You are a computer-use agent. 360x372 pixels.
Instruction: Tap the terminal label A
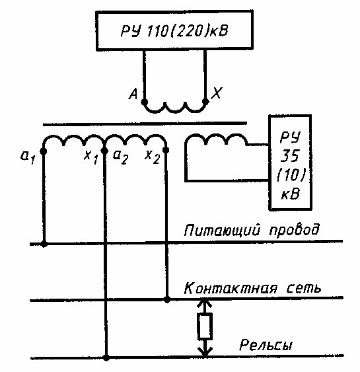coord(133,93)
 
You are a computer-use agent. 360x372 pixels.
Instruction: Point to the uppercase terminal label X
coord(217,93)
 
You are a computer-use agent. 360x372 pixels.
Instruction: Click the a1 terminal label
coord(28,158)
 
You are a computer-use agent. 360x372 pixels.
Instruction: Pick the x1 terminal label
coord(91,158)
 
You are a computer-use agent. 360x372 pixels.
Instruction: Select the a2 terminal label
coord(120,157)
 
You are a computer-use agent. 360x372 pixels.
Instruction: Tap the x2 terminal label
coord(152,157)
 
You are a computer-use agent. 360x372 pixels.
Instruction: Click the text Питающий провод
coord(252,230)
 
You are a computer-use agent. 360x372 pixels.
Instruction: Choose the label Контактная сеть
coord(252,288)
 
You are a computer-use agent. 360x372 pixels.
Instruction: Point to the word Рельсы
coord(266,345)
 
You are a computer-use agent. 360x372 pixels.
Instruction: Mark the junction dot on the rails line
coord(106,357)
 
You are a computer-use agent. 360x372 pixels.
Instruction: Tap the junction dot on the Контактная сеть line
coord(167,299)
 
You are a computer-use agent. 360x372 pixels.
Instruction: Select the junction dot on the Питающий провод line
coord(44,244)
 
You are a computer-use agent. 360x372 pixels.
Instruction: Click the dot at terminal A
coord(144,102)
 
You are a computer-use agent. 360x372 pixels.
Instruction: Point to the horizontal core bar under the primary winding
coord(145,124)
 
